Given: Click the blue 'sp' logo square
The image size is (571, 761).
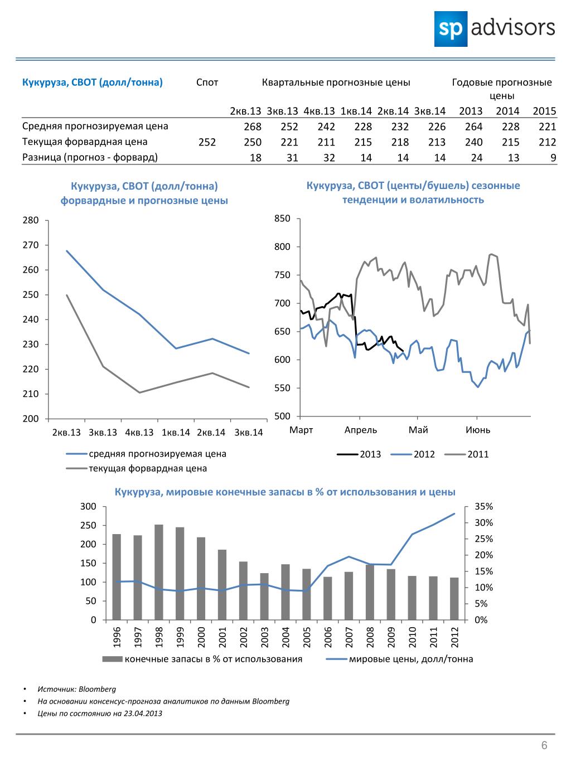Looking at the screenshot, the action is (451, 29).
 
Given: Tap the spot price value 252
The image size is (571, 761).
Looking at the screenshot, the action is (207, 142).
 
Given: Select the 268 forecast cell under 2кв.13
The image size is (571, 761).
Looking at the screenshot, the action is (253, 127).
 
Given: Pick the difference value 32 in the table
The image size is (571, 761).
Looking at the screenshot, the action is (329, 158).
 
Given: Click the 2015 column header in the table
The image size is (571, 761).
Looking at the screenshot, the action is (544, 112).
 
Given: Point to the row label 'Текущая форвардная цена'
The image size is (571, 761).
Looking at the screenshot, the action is (85, 142).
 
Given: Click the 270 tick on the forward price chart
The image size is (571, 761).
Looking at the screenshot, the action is (31, 245).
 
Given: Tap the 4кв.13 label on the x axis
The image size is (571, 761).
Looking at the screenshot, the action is (139, 432).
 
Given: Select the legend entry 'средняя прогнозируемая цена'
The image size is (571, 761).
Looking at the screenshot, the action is (146, 453).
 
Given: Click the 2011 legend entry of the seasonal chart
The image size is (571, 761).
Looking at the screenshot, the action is (466, 454).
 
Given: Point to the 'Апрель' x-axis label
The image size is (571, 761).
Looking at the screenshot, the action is (361, 430).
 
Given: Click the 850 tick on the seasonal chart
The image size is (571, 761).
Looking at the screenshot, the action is (282, 219).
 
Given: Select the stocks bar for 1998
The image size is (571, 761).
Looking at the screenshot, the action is (159, 572).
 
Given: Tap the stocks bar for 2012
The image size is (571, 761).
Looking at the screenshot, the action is (454, 599).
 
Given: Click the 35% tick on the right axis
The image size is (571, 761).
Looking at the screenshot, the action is (483, 507).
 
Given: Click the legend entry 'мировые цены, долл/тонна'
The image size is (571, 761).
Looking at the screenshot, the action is (400, 659).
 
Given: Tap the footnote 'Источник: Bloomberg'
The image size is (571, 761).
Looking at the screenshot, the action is (76, 689).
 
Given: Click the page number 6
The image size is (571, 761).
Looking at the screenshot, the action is (544, 745).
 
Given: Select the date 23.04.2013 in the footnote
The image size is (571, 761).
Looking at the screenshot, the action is (143, 713).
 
